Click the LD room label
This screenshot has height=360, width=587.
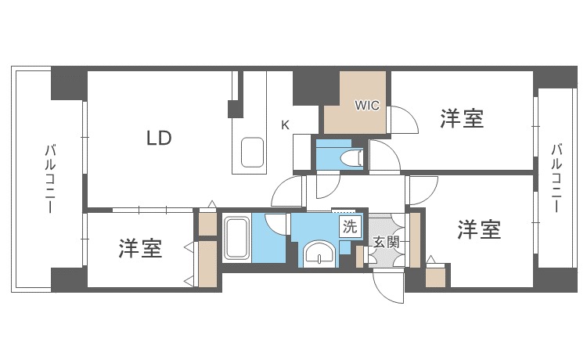pyautogui.click(x=159, y=139)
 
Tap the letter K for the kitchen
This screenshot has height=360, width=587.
pyautogui.click(x=286, y=124)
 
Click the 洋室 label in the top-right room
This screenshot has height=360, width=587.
pyautogui.click(x=461, y=119)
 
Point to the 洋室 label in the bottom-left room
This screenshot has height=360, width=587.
pyautogui.click(x=141, y=249)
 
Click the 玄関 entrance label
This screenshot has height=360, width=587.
pyautogui.click(x=386, y=242)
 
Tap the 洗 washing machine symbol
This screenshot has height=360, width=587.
pyautogui.click(x=350, y=228)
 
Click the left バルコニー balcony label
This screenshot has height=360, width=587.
pyautogui.click(x=49, y=178)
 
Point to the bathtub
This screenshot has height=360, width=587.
pyautogui.click(x=236, y=238)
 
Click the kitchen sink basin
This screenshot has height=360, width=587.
pyautogui.click(x=253, y=152)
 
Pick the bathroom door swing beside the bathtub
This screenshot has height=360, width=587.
pyautogui.click(x=276, y=223)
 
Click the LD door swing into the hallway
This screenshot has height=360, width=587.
pyautogui.click(x=288, y=192)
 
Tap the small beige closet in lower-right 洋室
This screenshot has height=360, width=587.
pyautogui.click(x=435, y=277)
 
